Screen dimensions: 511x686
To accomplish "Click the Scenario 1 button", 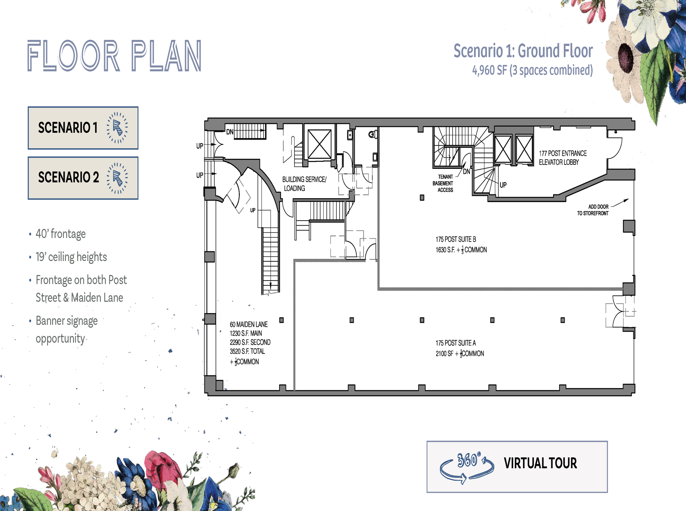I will [83, 128].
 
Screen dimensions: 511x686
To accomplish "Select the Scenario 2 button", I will [83, 178].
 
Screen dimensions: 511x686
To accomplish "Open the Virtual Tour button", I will [517, 466].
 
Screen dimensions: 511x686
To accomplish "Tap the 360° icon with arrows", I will [467, 467].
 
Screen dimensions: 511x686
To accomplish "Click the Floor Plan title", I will [114, 56].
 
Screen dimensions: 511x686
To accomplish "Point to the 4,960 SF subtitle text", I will [532, 70].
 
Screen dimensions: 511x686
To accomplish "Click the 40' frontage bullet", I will [60, 234].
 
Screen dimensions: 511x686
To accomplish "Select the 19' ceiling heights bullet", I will [71, 257].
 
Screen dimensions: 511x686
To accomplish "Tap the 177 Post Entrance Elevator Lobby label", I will [562, 158].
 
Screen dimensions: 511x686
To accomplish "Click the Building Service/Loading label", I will [304, 184].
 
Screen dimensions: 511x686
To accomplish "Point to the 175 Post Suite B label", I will [455, 239].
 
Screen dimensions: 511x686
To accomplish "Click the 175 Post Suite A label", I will [455, 343].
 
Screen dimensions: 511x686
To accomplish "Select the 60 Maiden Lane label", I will [249, 325].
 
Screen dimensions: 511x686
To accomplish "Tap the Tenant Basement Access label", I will [445, 183].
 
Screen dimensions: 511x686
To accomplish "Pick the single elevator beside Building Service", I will [319, 144].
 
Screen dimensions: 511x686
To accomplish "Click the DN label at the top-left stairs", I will [230, 132].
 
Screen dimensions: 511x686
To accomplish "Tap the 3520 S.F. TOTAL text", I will [247, 351].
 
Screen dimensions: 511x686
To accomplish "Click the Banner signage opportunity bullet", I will [66, 329].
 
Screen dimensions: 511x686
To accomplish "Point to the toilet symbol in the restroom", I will [373, 134].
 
